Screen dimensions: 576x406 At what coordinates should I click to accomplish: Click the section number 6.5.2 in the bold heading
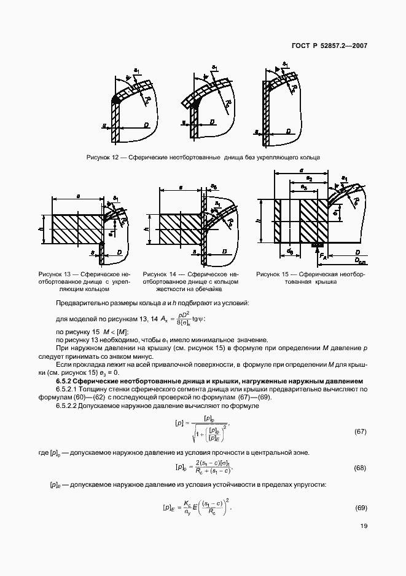click(63, 382)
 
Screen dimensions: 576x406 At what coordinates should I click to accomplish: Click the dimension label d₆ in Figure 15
click(289, 251)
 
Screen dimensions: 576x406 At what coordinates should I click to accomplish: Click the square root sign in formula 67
click(192, 434)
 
